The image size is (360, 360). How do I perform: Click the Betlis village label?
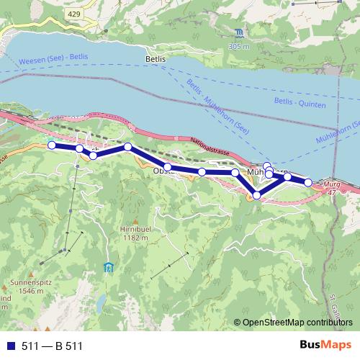(156, 60)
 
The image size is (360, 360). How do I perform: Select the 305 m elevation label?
(239, 46)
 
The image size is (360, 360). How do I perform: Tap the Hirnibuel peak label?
(135, 228)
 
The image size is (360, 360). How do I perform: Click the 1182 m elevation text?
(135, 237)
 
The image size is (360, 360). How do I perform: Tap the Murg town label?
(331, 186)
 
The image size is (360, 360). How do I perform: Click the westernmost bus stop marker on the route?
(52, 145)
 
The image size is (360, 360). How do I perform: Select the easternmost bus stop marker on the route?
(309, 183)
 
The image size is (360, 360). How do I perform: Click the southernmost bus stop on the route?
(256, 195)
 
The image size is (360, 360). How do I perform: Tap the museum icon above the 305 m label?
(239, 33)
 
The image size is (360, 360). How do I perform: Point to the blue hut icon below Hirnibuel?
(108, 269)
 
